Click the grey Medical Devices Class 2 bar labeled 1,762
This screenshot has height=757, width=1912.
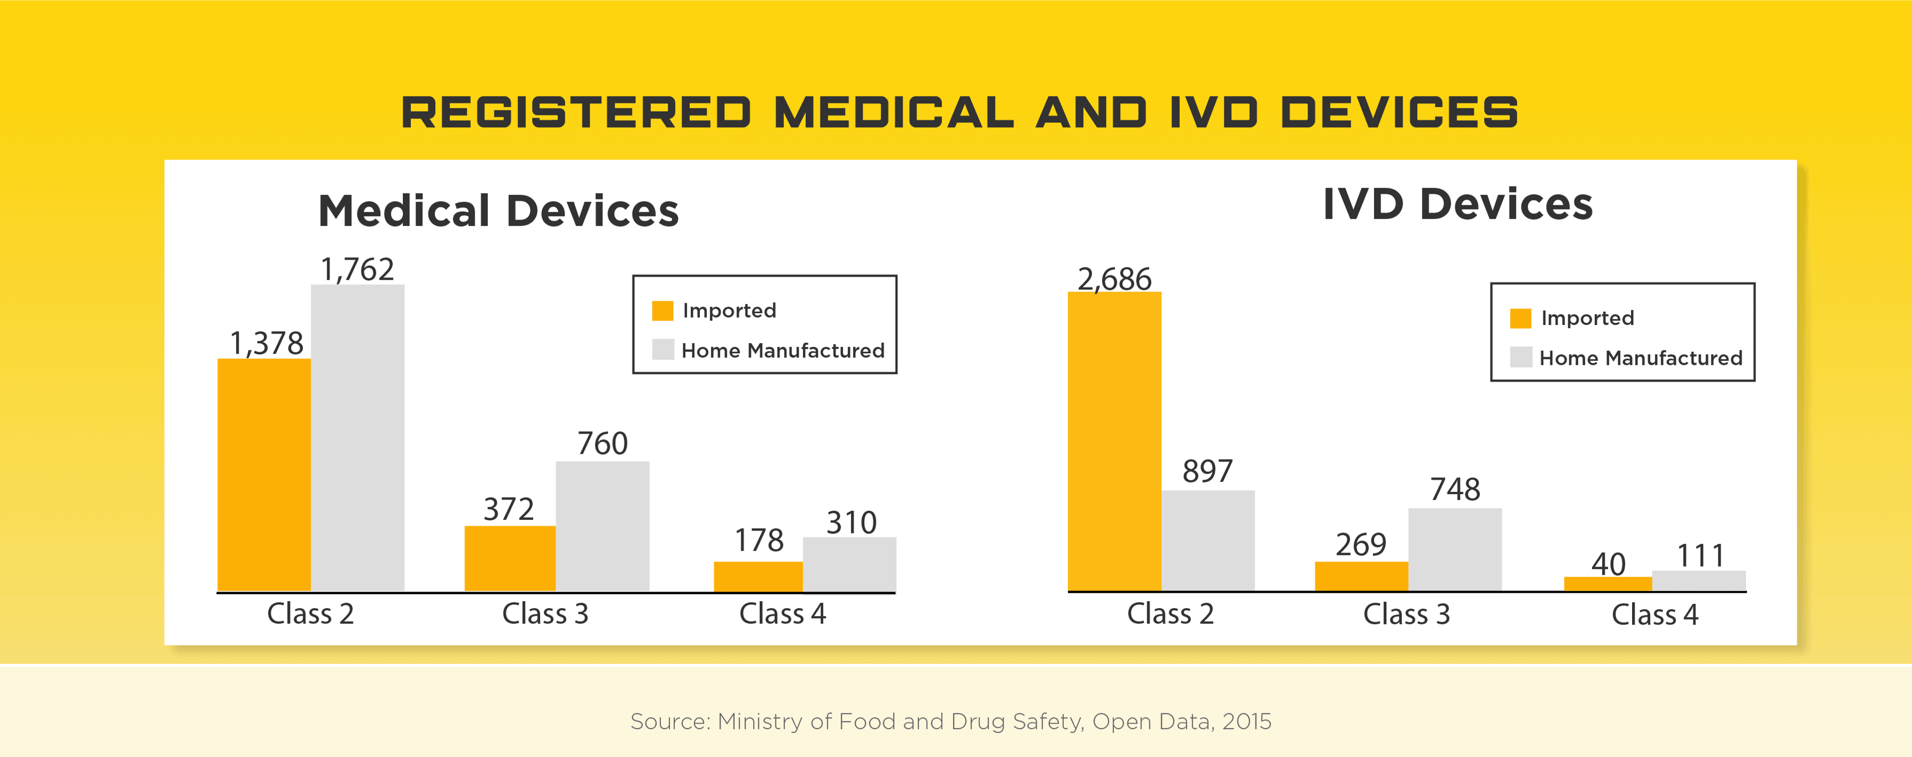click(x=357, y=438)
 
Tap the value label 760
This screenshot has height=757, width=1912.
click(x=602, y=444)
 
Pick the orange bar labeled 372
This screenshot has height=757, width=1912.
click(x=510, y=558)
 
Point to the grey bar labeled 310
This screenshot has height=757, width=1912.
click(x=849, y=564)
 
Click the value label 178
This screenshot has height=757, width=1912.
click(x=758, y=540)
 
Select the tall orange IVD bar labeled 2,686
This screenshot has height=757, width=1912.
click(x=1114, y=442)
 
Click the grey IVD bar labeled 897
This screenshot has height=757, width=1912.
click(x=1207, y=540)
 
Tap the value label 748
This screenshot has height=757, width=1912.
click(x=1455, y=490)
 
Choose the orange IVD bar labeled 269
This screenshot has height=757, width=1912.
click(x=1361, y=576)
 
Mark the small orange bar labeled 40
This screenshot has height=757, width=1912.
click(x=1608, y=584)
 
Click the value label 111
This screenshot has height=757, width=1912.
click(x=1700, y=556)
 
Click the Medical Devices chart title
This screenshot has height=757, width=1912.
click(x=498, y=211)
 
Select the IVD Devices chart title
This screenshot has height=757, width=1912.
click(x=1457, y=204)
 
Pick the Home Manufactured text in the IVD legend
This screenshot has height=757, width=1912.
click(x=1641, y=359)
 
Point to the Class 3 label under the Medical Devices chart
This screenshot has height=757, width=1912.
click(x=545, y=614)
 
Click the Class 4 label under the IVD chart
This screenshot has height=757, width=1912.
click(x=1654, y=614)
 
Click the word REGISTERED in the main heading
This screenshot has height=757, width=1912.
click(x=576, y=113)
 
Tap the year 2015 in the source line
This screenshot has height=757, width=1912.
click(x=1246, y=721)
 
